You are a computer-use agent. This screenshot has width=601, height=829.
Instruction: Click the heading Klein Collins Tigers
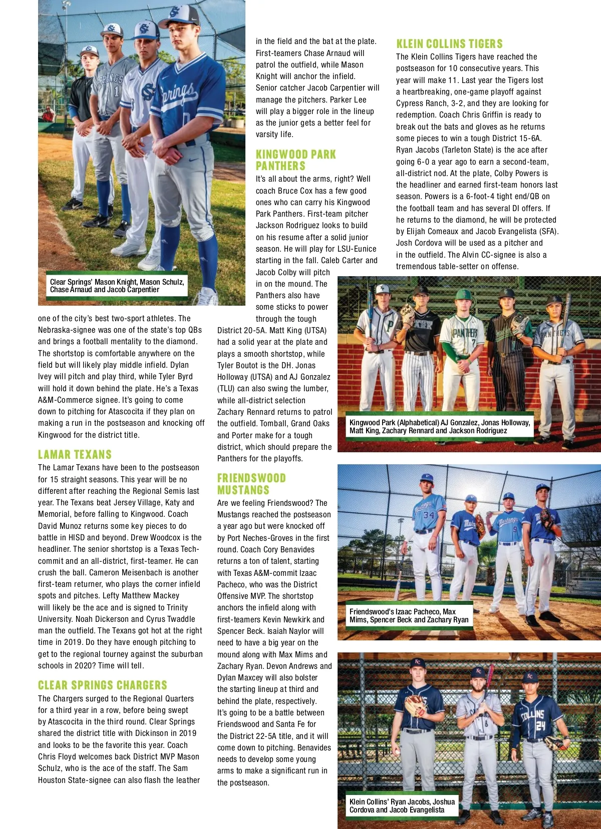449,44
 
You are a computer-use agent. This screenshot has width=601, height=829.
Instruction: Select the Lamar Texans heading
75,455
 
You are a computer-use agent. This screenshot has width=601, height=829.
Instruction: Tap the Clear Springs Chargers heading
102,685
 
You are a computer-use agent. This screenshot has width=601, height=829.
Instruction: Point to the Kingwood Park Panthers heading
295,160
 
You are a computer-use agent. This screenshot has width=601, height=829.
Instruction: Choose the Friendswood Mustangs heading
251,484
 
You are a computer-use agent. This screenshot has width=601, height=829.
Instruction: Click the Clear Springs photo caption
117,286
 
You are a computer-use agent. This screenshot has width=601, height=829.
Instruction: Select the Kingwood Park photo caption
439,427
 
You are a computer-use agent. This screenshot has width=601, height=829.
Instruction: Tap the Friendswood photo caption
409,615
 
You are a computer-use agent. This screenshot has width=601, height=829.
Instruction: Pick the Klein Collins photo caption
402,805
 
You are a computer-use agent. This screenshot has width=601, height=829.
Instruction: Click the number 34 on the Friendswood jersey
429,515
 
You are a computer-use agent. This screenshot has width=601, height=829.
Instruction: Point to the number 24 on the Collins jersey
540,726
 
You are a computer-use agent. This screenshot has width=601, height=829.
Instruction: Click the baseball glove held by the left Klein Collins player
415,705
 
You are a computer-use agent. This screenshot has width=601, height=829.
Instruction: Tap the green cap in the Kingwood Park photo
463,294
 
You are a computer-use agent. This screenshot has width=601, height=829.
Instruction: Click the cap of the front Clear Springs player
179,15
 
